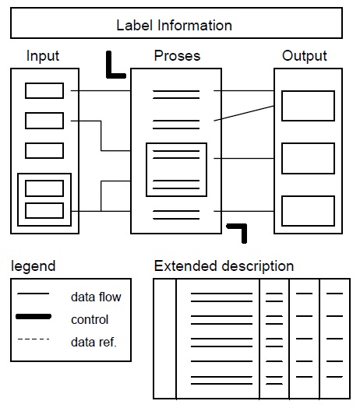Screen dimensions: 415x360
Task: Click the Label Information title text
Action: [174, 25]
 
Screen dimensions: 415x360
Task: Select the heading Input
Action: [43, 56]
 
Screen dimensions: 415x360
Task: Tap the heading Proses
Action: [177, 56]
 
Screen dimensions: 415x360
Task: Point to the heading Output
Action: [305, 56]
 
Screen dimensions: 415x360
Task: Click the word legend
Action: [33, 266]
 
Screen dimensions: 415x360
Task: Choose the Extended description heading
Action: [224, 266]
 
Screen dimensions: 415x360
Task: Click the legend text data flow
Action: [96, 297]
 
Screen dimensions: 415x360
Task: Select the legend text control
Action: [90, 319]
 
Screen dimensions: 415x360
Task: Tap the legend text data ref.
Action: [94, 341]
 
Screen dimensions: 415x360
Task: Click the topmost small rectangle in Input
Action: [44, 91]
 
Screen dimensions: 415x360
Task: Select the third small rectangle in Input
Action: [44, 150]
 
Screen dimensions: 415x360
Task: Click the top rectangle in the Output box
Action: [308, 106]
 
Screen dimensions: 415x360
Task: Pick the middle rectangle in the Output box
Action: [308, 158]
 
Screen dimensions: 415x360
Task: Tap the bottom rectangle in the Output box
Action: [308, 210]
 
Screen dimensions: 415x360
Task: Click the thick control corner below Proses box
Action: [239, 231]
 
